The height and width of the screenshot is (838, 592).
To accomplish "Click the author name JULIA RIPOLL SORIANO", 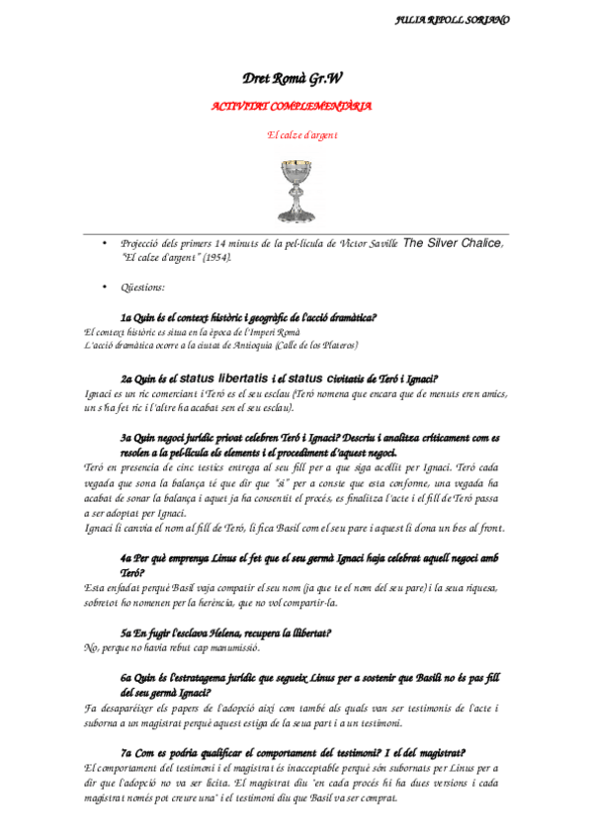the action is tap(452, 19).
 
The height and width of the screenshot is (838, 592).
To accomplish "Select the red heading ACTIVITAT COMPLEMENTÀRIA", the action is tap(293, 106).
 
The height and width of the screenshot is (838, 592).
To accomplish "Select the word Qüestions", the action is tap(143, 287).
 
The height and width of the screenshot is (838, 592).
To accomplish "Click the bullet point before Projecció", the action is tap(105, 243).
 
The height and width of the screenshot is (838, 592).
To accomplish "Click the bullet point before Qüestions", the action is tap(105, 287).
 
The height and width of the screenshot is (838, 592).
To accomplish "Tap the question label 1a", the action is tap(127, 318).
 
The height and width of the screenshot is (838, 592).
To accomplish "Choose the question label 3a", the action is tap(127, 437).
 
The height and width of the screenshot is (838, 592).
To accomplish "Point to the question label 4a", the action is tap(127, 558).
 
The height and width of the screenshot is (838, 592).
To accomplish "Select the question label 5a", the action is tap(127, 630).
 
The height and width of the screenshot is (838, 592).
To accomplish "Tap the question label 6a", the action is tap(127, 680).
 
